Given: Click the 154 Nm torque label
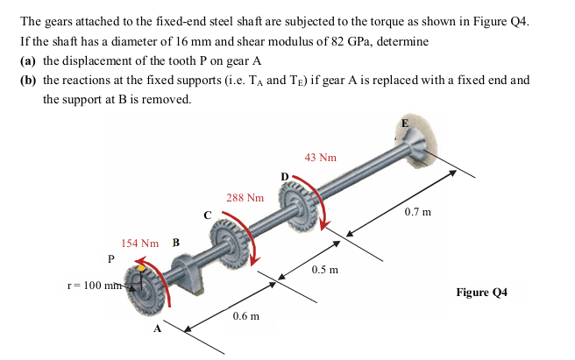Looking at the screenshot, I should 139,243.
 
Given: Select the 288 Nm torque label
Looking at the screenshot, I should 245,198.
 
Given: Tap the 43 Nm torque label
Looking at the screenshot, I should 321,158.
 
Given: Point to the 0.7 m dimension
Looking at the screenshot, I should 417,212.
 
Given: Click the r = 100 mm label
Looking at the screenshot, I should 95,285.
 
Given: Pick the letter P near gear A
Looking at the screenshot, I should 110,258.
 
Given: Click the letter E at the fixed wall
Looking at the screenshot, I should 404,124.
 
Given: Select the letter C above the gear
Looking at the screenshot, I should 208,214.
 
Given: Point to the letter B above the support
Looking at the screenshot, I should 175,243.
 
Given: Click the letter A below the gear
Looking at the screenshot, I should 158,329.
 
